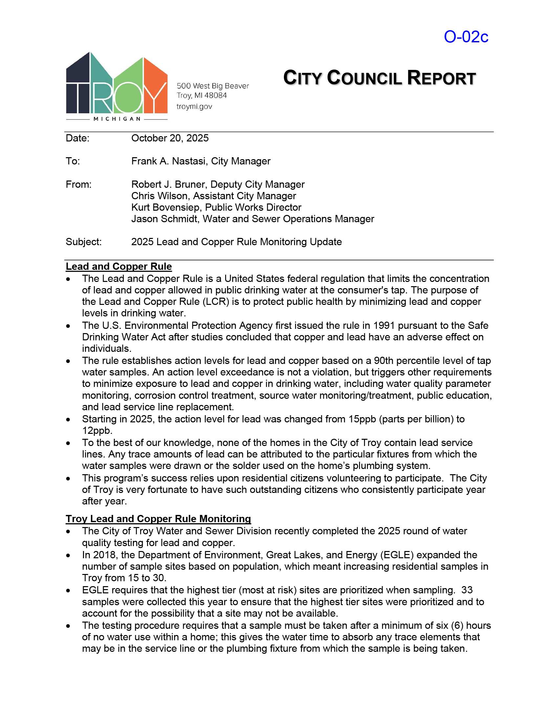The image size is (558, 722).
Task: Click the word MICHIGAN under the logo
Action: (x=117, y=119)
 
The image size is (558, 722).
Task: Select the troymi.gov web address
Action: (x=194, y=106)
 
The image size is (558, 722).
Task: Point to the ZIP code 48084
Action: (x=216, y=96)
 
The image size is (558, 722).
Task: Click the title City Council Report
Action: (x=379, y=78)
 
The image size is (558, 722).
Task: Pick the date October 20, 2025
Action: (x=170, y=138)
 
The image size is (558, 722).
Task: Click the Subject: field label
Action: (x=84, y=242)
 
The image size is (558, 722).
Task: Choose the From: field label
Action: (x=79, y=184)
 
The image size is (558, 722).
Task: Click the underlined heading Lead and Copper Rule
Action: (x=119, y=266)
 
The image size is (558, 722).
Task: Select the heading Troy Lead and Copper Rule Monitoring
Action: (x=158, y=519)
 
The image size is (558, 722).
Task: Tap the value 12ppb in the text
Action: (x=97, y=431)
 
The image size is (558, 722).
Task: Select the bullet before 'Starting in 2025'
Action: (x=68, y=420)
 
